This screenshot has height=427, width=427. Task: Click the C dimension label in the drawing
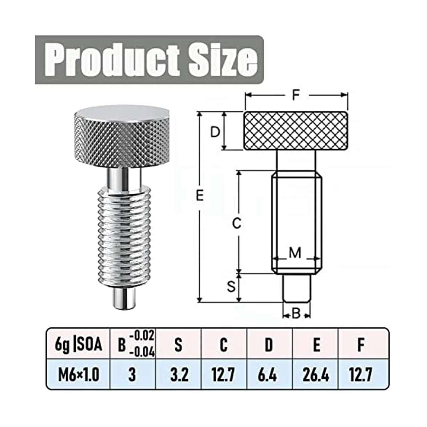(237, 223)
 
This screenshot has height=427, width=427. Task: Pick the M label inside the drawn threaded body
(295, 253)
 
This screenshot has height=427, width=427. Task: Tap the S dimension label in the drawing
(232, 287)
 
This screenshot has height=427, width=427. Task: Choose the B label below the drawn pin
(296, 314)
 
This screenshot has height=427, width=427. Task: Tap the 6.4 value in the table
(269, 375)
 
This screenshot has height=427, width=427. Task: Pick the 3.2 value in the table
(179, 375)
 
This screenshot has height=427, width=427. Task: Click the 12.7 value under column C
(223, 375)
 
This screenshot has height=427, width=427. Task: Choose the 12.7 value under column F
(361, 375)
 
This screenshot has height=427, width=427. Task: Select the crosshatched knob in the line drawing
(296, 131)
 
